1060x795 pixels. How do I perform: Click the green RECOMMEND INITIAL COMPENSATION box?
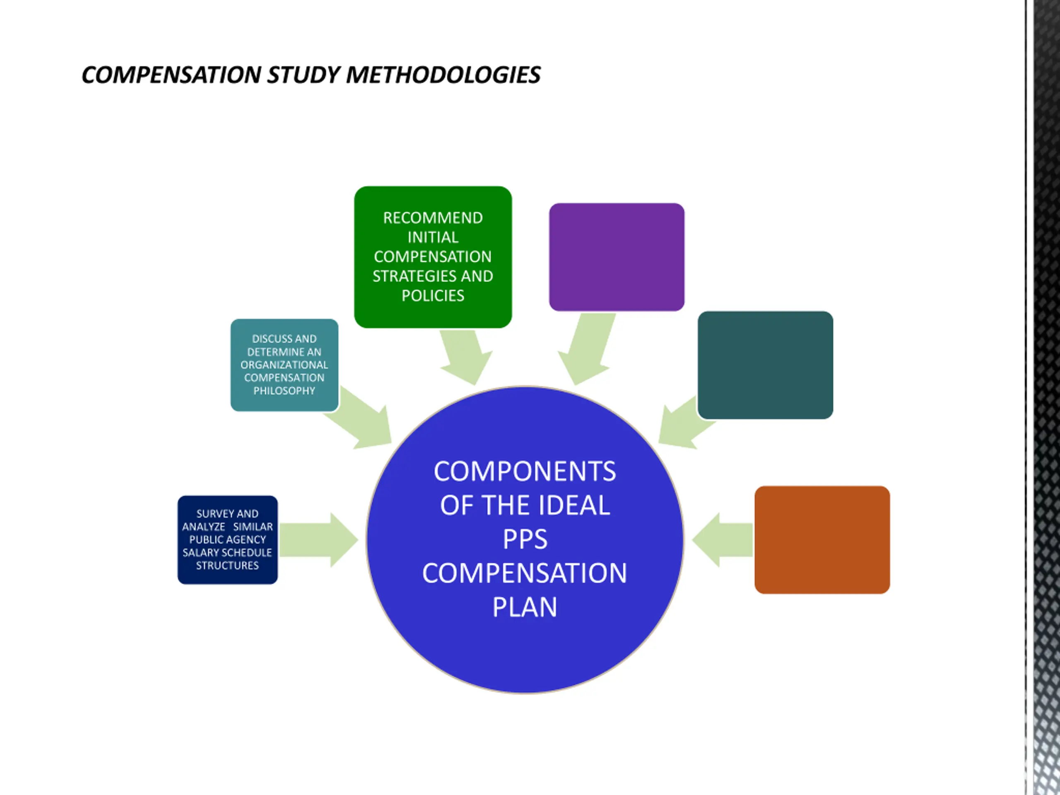tap(433, 257)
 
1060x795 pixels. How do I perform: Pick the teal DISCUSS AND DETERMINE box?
tap(284, 365)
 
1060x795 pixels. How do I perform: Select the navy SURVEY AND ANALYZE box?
tap(227, 540)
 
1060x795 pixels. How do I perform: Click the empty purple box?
tap(616, 257)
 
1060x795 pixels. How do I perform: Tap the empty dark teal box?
tap(765, 365)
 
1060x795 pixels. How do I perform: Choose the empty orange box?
tap(822, 540)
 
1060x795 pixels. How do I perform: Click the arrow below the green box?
tap(465, 357)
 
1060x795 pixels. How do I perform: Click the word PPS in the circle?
tap(525, 540)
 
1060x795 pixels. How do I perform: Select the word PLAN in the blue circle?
tap(525, 607)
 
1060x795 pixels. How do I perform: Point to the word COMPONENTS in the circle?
tap(525, 472)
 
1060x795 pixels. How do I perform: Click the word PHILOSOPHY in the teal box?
tap(284, 391)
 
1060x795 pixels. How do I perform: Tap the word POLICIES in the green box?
tap(433, 296)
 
